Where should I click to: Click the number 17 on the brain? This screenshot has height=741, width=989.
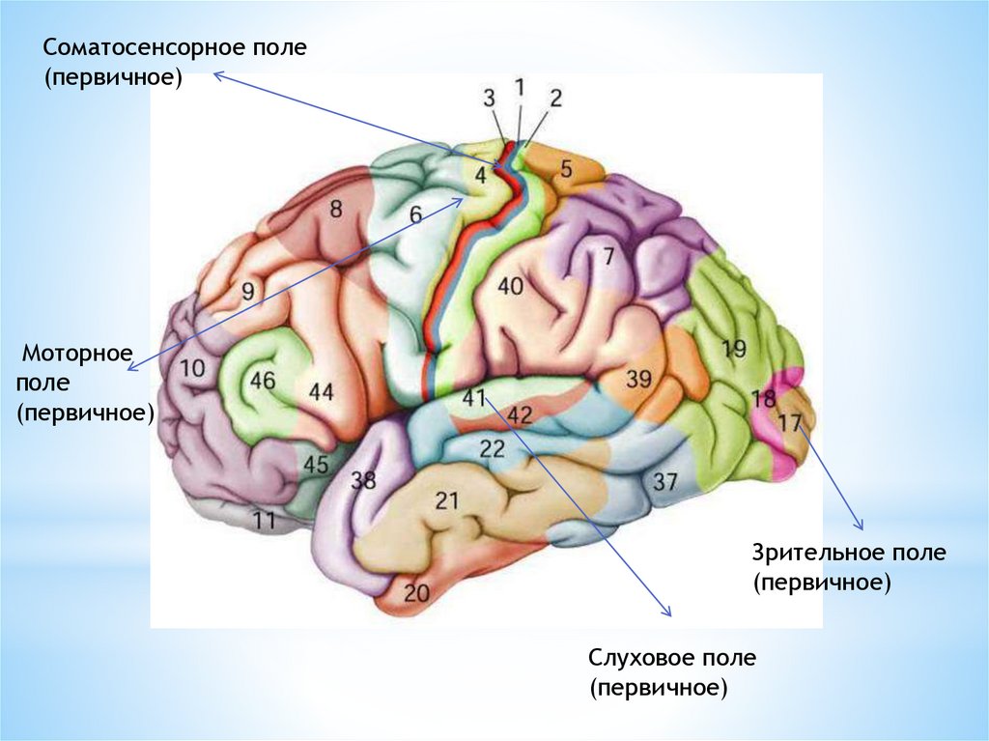pyautogui.click(x=789, y=421)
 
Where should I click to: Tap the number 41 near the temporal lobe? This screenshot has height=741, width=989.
pyautogui.click(x=473, y=398)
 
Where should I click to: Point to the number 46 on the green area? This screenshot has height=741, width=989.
pyautogui.click(x=263, y=380)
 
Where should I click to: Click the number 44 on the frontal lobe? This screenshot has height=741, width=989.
pyautogui.click(x=321, y=392)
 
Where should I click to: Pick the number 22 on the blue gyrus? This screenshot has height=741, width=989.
pyautogui.click(x=492, y=447)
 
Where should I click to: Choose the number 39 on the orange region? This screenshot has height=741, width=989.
pyautogui.click(x=639, y=379)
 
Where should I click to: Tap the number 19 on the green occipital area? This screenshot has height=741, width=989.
pyautogui.click(x=734, y=349)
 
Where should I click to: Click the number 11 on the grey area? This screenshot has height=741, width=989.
pyautogui.click(x=265, y=521)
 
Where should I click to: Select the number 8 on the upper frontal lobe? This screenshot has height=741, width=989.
pyautogui.click(x=336, y=208)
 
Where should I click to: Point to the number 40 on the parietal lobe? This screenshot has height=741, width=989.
pyautogui.click(x=510, y=286)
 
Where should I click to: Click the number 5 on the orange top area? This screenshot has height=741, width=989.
pyautogui.click(x=566, y=167)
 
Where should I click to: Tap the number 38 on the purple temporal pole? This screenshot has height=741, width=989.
pyautogui.click(x=363, y=480)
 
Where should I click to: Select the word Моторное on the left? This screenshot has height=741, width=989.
pyautogui.click(x=76, y=355)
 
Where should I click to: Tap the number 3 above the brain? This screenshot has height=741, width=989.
pyautogui.click(x=489, y=97)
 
